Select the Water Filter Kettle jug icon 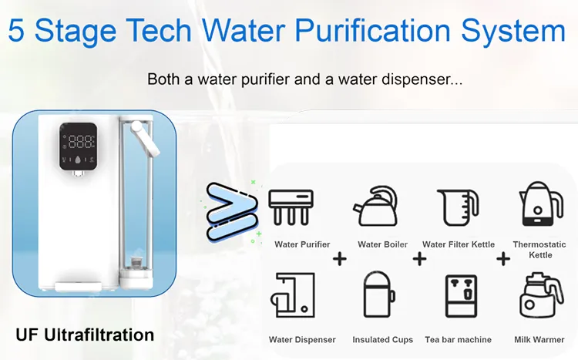[x=459, y=206]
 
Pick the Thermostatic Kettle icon [x=539, y=204]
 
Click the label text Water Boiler [x=384, y=245]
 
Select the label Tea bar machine [x=458, y=340]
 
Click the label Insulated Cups [x=382, y=340]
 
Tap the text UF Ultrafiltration [x=85, y=335]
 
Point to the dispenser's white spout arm [x=142, y=134]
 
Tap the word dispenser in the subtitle [x=425, y=79]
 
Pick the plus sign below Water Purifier [x=339, y=259]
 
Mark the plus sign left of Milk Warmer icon [x=503, y=259]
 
